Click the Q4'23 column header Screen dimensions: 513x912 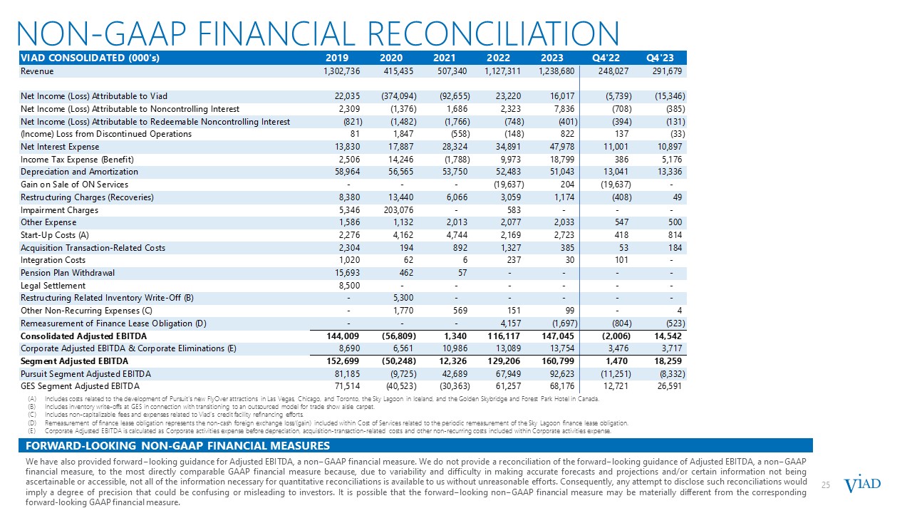[660, 58]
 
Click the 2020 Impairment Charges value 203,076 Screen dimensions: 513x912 [398, 210]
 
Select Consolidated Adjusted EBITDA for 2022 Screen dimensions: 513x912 [504, 336]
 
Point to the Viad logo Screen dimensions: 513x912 [862, 484]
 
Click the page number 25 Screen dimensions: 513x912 [826, 485]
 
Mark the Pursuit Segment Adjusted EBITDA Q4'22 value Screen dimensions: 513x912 [611, 373]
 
